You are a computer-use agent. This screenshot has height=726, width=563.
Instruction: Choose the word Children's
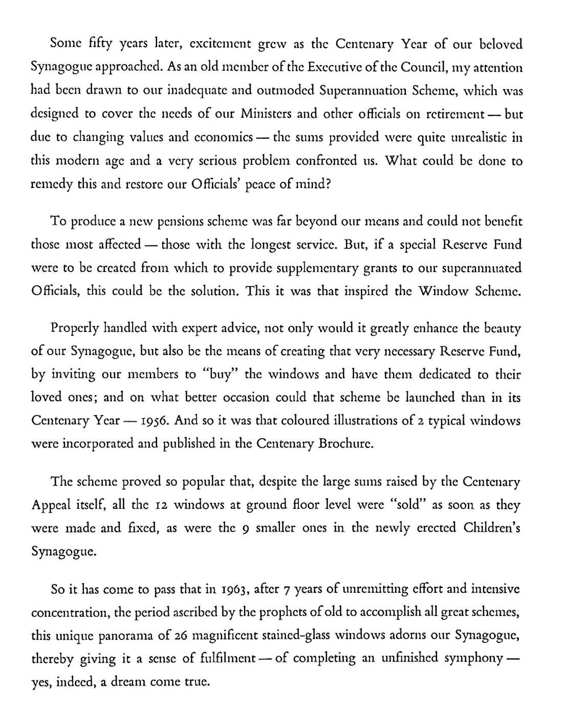(x=491, y=528)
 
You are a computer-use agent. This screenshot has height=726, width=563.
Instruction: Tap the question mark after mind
(x=328, y=183)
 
